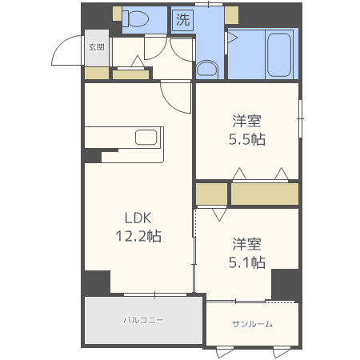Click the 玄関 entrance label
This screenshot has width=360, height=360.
(x=96, y=47)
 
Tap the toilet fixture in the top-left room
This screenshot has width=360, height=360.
(x=135, y=18)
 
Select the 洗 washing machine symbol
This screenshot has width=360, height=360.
(x=182, y=19)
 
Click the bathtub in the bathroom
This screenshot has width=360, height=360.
(x=279, y=55)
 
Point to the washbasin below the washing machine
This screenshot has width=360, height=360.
(x=207, y=70)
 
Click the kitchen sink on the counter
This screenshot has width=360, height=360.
(x=146, y=137)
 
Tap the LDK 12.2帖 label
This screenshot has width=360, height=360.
(x=138, y=227)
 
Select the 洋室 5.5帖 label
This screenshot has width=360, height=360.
(x=247, y=130)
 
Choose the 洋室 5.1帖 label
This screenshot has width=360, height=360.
(x=247, y=253)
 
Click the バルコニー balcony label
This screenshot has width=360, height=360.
(x=143, y=320)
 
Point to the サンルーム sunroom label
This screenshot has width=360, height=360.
(x=252, y=324)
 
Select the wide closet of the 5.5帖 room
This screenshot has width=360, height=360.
(x=265, y=194)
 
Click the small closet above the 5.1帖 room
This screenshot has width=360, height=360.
(x=211, y=194)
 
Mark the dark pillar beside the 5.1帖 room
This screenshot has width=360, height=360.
(x=285, y=285)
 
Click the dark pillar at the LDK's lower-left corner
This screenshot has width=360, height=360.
(x=97, y=282)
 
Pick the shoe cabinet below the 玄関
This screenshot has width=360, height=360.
(x=97, y=73)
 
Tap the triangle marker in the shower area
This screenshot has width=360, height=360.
(x=232, y=38)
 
